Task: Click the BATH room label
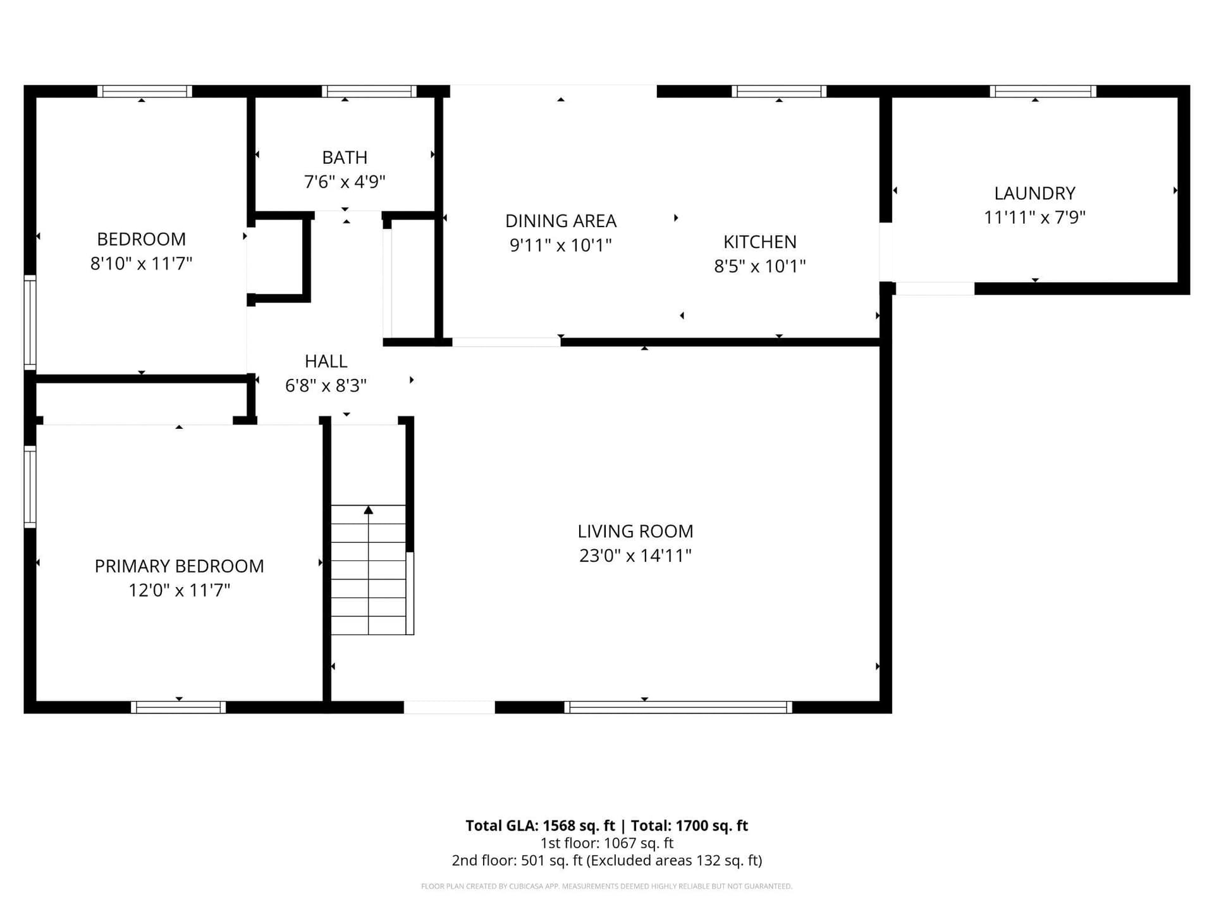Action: pyautogui.click(x=345, y=157)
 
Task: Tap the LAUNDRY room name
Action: pyautogui.click(x=1034, y=193)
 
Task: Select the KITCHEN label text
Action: pyautogui.click(x=759, y=242)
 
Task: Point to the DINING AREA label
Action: pyautogui.click(x=561, y=221)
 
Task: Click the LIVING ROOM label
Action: pyautogui.click(x=635, y=531)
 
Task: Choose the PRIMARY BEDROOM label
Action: pyautogui.click(x=179, y=566)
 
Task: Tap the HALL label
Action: pyautogui.click(x=326, y=361)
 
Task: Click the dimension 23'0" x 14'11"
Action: pyautogui.click(x=635, y=555)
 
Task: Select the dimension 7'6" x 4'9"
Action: pyautogui.click(x=345, y=182)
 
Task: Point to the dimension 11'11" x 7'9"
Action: pyautogui.click(x=1034, y=217)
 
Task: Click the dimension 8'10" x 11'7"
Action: pyautogui.click(x=141, y=263)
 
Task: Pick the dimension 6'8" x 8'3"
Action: pyautogui.click(x=326, y=385)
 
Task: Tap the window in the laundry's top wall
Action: pyautogui.click(x=1043, y=91)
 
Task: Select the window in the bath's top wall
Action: pyautogui.click(x=369, y=91)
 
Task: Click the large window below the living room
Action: pyautogui.click(x=678, y=707)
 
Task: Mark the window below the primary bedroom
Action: pyautogui.click(x=178, y=707)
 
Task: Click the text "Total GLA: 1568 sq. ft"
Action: pyautogui.click(x=540, y=826)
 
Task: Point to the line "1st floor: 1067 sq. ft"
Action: pyautogui.click(x=607, y=843)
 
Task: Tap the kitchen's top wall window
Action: pyautogui.click(x=779, y=91)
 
